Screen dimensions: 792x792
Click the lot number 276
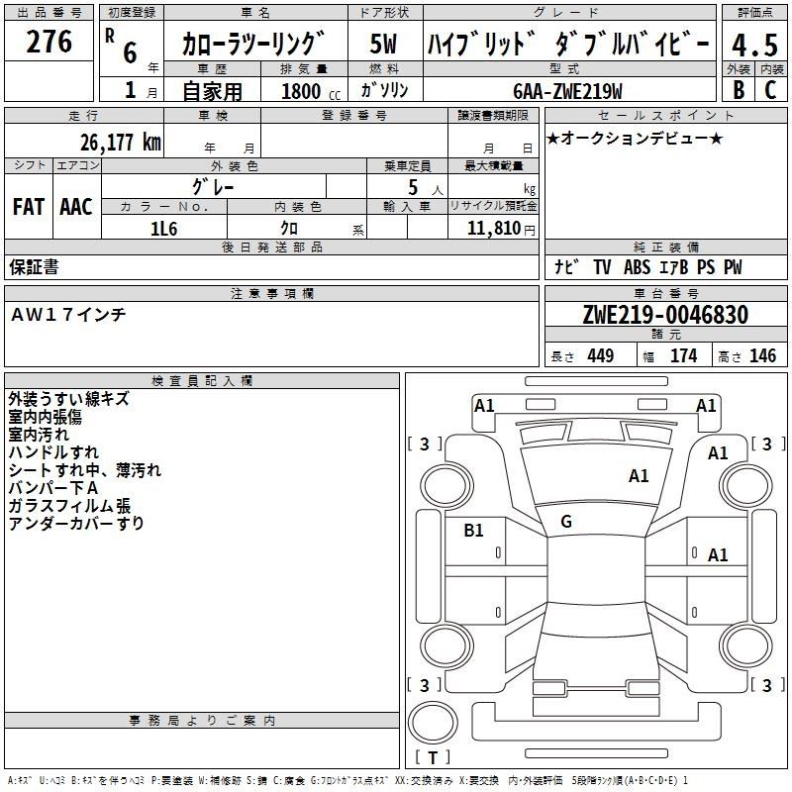click(x=49, y=42)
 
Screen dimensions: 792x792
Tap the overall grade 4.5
click(x=754, y=45)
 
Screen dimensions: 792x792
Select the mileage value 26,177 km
click(x=121, y=143)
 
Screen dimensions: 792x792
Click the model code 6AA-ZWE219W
click(x=567, y=91)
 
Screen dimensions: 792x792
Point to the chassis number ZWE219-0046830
click(x=665, y=315)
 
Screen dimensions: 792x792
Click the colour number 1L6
click(x=163, y=229)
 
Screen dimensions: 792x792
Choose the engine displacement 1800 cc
click(x=311, y=91)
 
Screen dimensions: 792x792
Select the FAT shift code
click(x=29, y=207)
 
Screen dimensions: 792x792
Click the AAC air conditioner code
click(x=76, y=207)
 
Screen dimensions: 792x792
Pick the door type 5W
click(x=383, y=44)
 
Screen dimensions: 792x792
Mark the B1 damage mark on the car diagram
click(x=473, y=531)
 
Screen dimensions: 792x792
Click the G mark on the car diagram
click(x=566, y=522)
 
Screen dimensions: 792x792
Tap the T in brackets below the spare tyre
click(x=433, y=757)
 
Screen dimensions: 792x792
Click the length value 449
click(x=601, y=356)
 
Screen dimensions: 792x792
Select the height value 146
click(x=762, y=356)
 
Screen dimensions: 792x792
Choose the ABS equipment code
click(x=637, y=267)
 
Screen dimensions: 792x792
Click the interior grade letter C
click(x=770, y=90)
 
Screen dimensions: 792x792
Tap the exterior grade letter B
click(x=739, y=90)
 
